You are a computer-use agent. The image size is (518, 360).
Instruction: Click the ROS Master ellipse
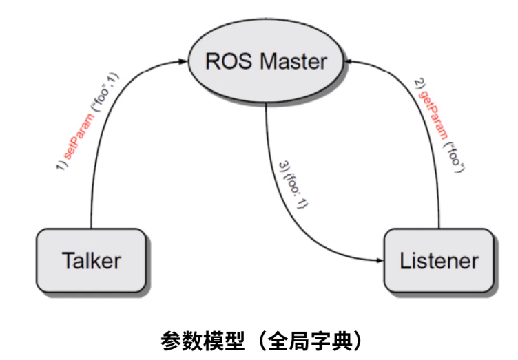266,62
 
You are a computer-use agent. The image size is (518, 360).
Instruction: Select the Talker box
91,261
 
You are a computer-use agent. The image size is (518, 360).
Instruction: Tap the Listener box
439,261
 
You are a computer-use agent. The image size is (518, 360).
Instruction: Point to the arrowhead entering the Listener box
379,261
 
